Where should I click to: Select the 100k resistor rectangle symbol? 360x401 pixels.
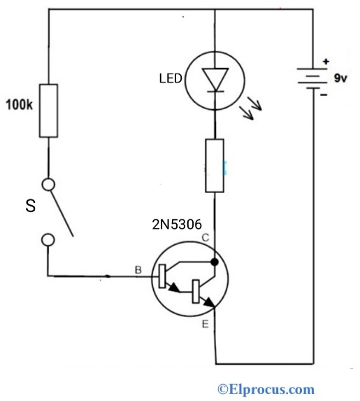49,111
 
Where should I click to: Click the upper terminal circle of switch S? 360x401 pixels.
48,185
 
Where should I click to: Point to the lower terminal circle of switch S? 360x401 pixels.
48,240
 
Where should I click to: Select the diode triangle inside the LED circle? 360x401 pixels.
215,78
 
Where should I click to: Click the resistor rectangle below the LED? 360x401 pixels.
215,165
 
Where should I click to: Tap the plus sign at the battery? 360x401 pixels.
325,62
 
